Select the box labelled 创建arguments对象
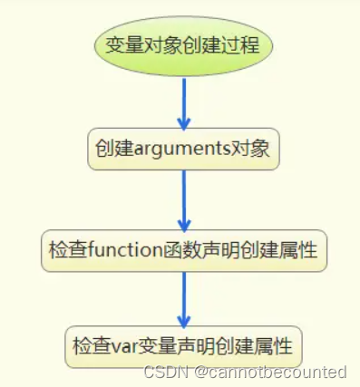click(x=183, y=149)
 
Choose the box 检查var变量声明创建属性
click(x=184, y=346)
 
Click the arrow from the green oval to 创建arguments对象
click(x=184, y=101)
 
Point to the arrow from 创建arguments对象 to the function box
click(x=184, y=200)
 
